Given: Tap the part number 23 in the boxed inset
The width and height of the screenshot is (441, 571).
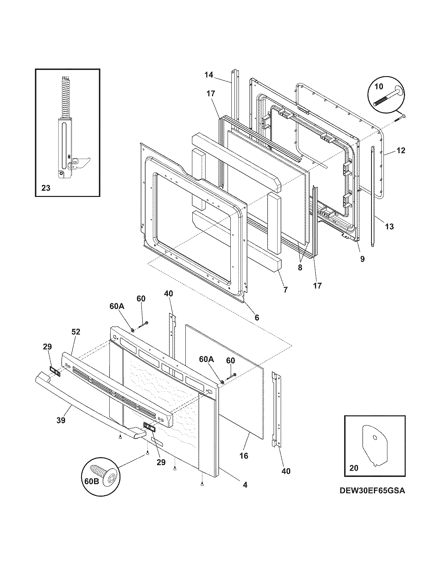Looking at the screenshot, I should (46, 188).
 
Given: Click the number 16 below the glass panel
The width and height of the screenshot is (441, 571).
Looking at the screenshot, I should (244, 456).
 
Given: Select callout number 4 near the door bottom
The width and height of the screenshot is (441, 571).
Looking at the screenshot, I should (245, 485).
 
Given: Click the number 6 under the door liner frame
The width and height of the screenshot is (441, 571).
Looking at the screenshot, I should (257, 317).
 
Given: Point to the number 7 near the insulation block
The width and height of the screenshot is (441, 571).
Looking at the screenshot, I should (285, 290).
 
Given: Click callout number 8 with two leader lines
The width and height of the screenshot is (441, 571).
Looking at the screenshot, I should (300, 268).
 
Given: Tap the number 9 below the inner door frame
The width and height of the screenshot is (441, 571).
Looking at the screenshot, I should (362, 259).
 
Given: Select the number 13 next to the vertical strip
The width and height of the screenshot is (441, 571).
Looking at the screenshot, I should (389, 227).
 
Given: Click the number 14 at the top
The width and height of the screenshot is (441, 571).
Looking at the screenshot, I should (209, 74).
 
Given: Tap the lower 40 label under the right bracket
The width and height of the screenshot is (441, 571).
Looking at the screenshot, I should (286, 471).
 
